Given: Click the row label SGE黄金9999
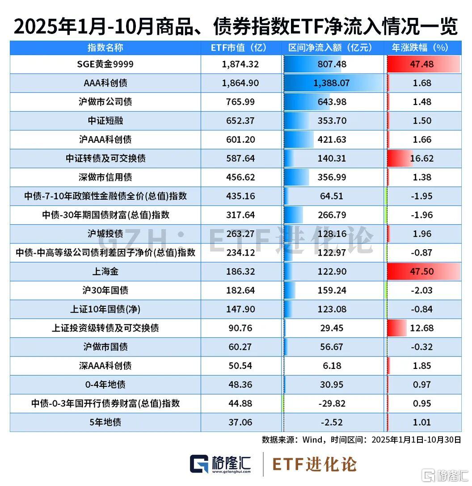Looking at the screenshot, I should click(105, 64).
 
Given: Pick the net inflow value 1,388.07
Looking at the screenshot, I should click(332, 83).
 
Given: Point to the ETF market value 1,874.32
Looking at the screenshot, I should click(240, 64).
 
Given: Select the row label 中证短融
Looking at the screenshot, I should click(105, 121).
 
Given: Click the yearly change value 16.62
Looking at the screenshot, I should click(422, 159).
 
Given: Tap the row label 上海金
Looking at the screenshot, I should click(105, 272).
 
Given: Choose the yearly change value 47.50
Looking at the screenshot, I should click(422, 272).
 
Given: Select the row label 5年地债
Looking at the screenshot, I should click(105, 422).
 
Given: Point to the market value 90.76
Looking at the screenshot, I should click(240, 328).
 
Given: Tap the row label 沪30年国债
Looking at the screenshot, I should click(105, 290).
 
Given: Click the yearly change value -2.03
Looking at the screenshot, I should click(422, 290).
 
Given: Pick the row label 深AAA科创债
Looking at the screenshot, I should click(105, 366).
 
